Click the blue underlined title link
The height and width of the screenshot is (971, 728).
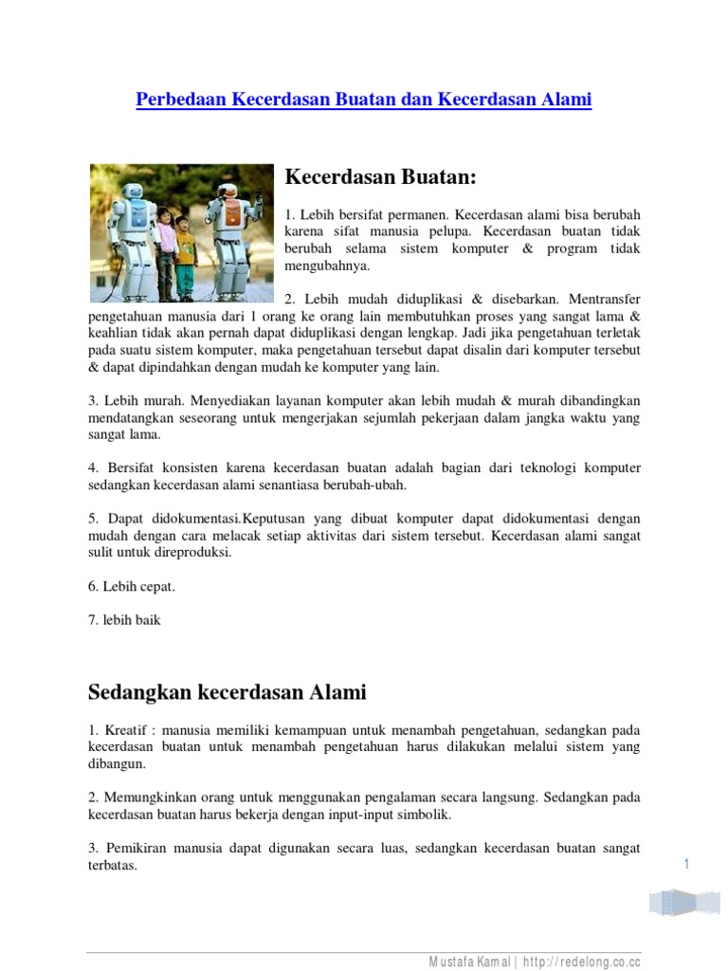[x=364, y=99]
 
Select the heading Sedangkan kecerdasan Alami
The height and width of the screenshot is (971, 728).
[x=227, y=691]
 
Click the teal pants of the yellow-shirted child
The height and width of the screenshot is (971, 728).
[x=186, y=281]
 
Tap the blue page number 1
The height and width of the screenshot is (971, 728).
[x=684, y=862]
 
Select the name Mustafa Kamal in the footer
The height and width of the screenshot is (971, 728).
[x=468, y=961]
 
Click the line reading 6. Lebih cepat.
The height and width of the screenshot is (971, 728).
[x=132, y=586]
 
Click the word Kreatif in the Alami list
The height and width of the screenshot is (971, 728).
[x=126, y=729]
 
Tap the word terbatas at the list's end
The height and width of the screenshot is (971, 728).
[x=113, y=866]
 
